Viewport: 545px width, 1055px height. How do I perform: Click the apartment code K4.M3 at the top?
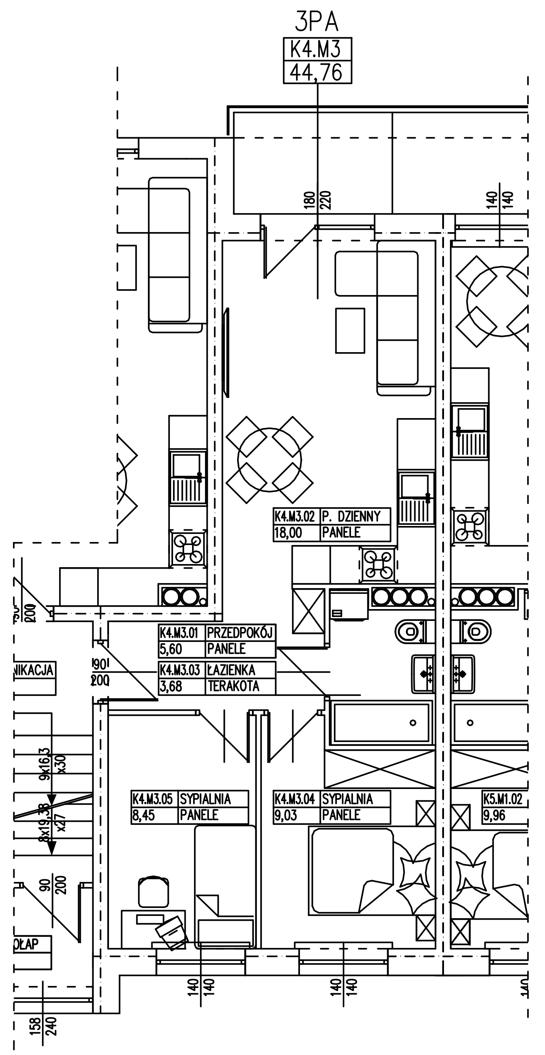pyautogui.click(x=317, y=50)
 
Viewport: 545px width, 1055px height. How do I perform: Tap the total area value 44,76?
pyautogui.click(x=317, y=73)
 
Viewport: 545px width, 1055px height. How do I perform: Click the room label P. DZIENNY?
pyautogui.click(x=352, y=516)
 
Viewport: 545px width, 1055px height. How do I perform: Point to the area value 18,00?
pyautogui.click(x=288, y=533)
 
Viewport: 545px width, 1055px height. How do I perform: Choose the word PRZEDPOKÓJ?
pyautogui.click(x=240, y=633)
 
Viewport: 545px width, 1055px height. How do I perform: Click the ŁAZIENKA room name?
pyautogui.click(x=231, y=670)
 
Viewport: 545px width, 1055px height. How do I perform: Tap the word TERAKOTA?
pyautogui.click(x=234, y=686)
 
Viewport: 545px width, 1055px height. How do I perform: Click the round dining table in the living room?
pyautogui.click(x=269, y=460)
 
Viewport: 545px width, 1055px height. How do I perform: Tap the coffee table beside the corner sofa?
pyautogui.click(x=350, y=330)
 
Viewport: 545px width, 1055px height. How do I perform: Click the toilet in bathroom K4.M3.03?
pyautogui.click(x=411, y=632)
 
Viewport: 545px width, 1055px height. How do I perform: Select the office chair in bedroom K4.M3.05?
pyautogui.click(x=154, y=891)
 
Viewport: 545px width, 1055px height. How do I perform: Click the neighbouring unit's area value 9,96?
pyautogui.click(x=494, y=815)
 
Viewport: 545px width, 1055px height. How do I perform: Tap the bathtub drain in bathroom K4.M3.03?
pyautogui.click(x=413, y=722)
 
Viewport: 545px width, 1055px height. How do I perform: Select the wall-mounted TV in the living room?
pyautogui.click(x=226, y=352)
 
